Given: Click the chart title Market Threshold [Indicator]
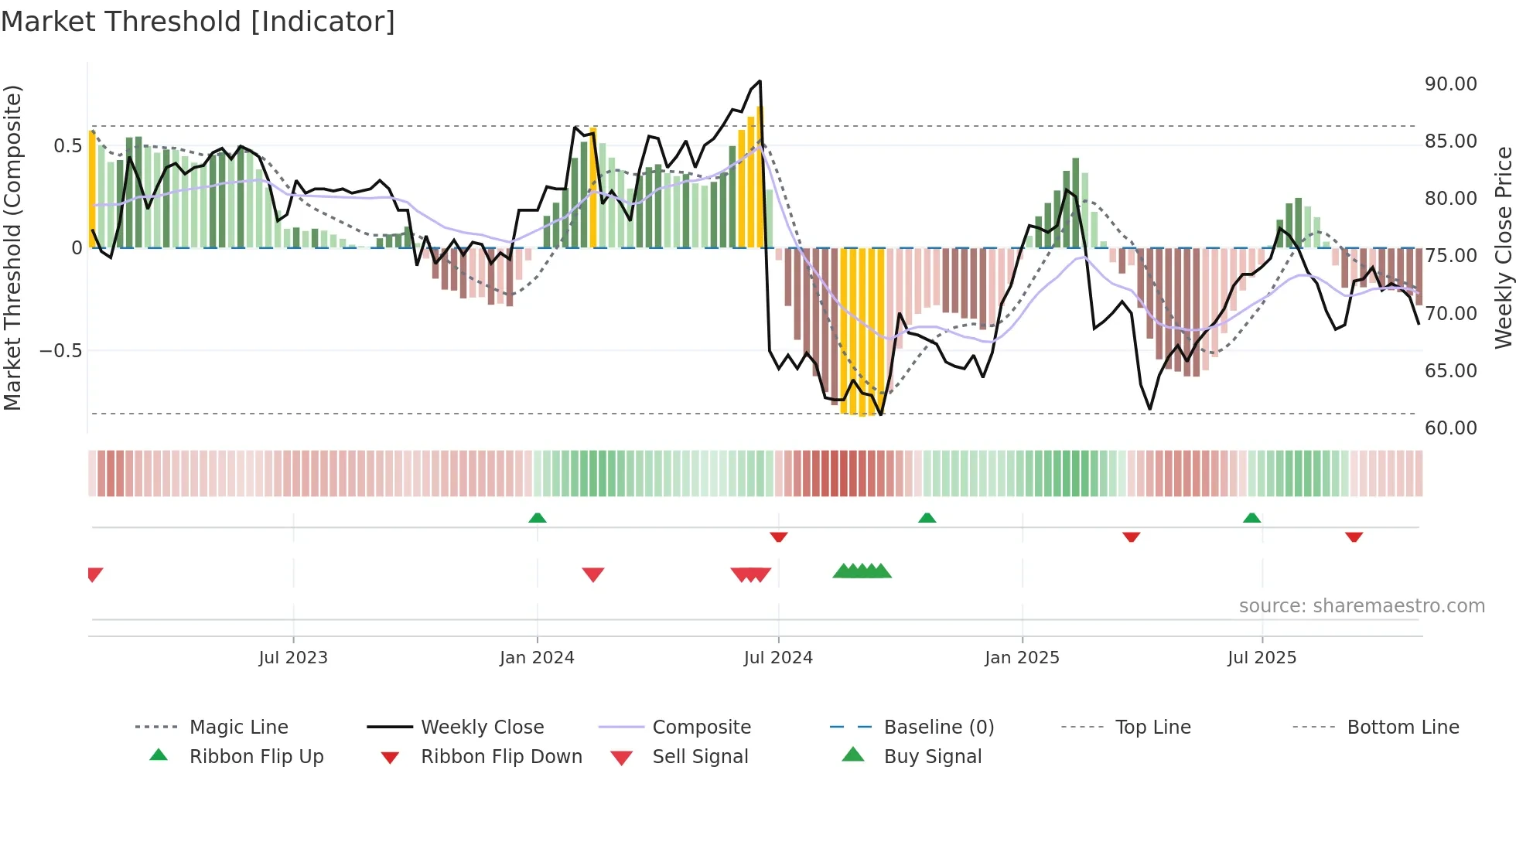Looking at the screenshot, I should click(x=198, y=22).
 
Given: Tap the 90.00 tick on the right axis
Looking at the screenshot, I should click(x=1450, y=84).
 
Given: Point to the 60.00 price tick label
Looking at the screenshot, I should click(x=1450, y=428).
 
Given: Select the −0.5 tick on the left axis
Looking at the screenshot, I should click(x=60, y=351).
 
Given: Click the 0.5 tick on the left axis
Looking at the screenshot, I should click(x=67, y=146).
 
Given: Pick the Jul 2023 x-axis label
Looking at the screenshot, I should click(x=293, y=658).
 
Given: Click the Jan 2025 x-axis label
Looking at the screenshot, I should click(x=1022, y=658).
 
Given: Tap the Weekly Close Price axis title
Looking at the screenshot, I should click(x=1503, y=247).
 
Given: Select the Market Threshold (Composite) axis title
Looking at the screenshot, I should click(x=12, y=247).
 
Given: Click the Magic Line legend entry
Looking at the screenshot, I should click(x=238, y=728).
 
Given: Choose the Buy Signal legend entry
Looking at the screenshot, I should click(x=932, y=757).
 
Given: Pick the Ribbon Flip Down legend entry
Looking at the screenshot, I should click(x=500, y=757).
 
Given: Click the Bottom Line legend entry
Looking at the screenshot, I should click(x=1402, y=728).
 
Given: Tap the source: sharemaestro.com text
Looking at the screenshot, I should click(x=1361, y=606).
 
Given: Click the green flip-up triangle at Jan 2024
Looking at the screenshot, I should click(x=538, y=518).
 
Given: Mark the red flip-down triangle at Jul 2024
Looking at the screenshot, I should click(x=779, y=537).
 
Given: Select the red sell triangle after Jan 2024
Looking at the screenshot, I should click(x=593, y=574).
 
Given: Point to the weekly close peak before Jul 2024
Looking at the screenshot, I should click(x=760, y=81).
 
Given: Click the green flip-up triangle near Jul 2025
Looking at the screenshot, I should click(x=1252, y=518).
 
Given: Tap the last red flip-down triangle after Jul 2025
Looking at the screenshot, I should click(x=1354, y=537).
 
